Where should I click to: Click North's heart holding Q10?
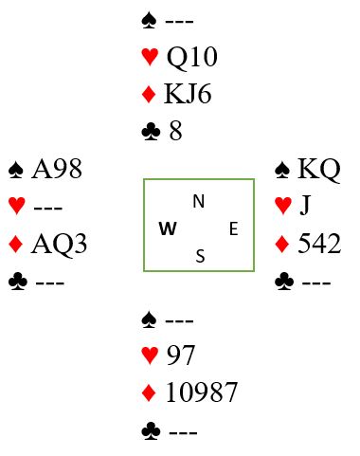click(x=192, y=57)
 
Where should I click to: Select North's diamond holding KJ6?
click(x=188, y=94)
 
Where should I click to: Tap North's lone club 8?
click(x=175, y=131)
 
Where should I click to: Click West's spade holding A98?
click(x=57, y=169)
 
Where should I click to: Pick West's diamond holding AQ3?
click(x=59, y=244)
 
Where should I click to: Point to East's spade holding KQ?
click(x=319, y=169)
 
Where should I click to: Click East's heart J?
click(x=305, y=206)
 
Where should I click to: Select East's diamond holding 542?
click(x=319, y=244)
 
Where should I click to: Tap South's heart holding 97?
click(x=181, y=356)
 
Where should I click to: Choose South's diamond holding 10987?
click(x=202, y=392)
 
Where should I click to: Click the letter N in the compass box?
click(x=199, y=201)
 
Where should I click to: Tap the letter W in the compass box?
click(x=168, y=228)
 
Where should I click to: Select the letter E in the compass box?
click(x=233, y=228)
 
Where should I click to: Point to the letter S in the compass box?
click(x=200, y=256)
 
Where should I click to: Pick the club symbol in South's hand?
click(x=151, y=431)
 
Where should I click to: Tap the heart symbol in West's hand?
click(x=17, y=206)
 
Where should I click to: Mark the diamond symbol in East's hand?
click(x=282, y=244)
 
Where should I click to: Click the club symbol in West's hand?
click(x=18, y=282)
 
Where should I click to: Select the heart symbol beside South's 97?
click(x=150, y=356)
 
